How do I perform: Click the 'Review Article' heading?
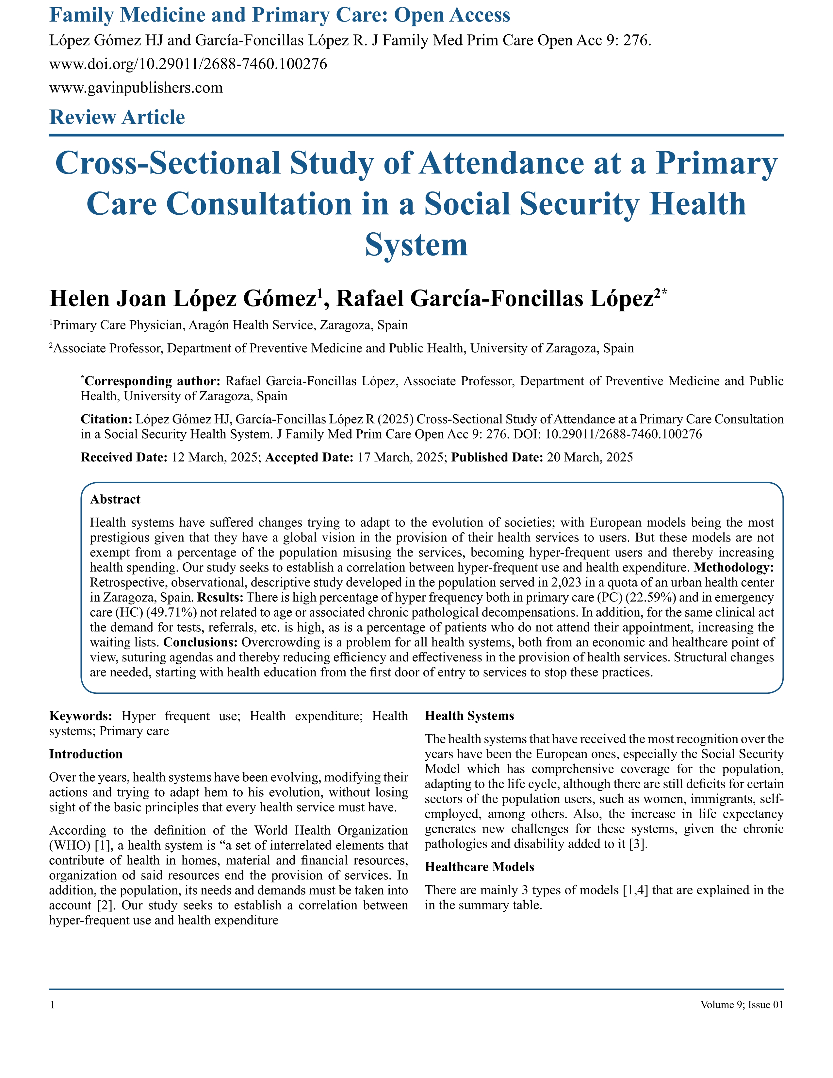point(117,118)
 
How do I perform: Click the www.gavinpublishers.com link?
point(136,88)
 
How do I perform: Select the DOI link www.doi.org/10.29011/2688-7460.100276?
point(188,64)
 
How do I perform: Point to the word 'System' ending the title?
point(416,245)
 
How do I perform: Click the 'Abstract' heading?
point(115,500)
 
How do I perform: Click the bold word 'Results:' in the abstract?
point(220,598)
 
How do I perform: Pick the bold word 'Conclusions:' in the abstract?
point(201,643)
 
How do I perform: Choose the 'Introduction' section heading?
point(86,754)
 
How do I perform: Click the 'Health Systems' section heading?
point(469,716)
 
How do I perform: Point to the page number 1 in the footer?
point(52,1005)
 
